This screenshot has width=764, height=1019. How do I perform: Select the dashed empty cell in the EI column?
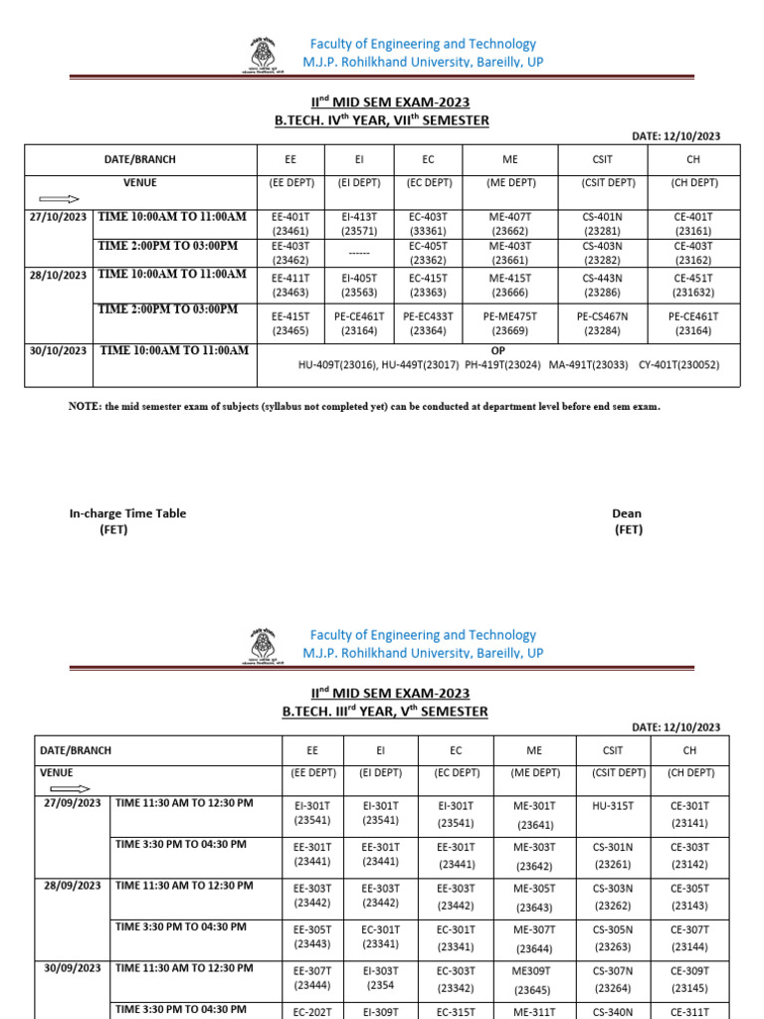359,252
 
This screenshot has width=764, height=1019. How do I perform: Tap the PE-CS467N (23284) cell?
603,322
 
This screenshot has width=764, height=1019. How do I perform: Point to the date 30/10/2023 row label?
58,350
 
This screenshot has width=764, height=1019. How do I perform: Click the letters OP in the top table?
499,351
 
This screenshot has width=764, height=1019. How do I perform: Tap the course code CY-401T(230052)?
678,365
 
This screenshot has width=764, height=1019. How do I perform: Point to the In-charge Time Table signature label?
127,513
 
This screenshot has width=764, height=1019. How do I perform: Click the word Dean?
627,513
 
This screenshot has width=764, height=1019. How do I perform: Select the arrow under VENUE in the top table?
59,199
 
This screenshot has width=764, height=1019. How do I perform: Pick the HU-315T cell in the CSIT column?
613,806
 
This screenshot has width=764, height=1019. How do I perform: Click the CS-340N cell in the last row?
613,1011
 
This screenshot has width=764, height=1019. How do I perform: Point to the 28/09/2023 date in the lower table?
72,886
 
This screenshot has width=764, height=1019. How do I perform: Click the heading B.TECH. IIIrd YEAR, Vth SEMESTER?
385,712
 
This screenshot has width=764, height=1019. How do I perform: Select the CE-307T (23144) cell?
689,936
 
